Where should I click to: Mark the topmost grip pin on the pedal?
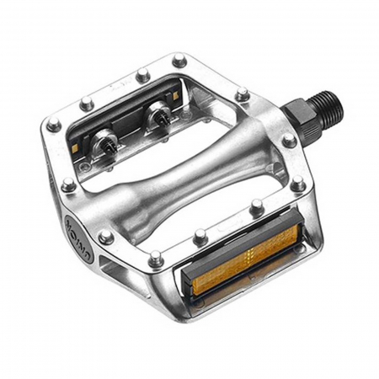[x=179, y=60]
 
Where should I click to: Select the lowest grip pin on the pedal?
[x=156, y=260]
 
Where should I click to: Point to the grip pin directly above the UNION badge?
[x=67, y=184]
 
